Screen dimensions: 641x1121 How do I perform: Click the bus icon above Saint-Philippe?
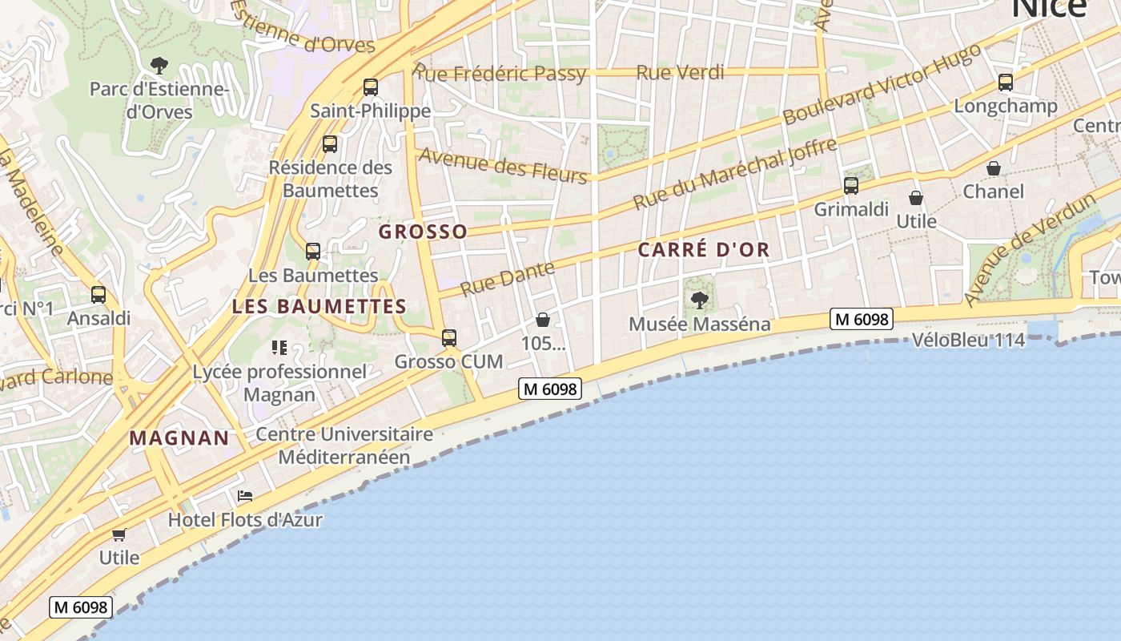[370, 87]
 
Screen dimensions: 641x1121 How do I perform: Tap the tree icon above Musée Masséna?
[699, 301]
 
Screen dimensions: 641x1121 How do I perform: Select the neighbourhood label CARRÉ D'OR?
[704, 250]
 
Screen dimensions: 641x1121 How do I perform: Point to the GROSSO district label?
[423, 232]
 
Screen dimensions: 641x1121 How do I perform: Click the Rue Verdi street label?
[680, 73]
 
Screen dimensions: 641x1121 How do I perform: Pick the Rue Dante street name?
[508, 278]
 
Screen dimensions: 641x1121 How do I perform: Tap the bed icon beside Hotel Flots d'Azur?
[245, 497]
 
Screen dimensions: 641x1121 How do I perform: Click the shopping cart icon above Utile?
[119, 534]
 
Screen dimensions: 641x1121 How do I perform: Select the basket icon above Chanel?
[993, 168]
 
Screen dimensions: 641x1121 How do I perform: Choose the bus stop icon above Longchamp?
[1005, 83]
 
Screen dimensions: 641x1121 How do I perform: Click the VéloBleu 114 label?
[968, 341]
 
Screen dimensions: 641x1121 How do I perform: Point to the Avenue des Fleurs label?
[503, 164]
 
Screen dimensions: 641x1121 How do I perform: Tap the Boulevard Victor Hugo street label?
[882, 84]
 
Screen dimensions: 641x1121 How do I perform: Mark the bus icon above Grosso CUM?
[448, 338]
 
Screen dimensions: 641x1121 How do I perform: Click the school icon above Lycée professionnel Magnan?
[279, 348]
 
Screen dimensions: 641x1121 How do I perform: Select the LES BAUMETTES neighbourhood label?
[319, 307]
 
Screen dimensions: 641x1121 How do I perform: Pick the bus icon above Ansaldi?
[98, 295]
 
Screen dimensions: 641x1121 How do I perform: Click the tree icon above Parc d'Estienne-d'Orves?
[159, 65]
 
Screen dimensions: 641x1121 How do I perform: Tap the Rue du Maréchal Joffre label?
[734, 174]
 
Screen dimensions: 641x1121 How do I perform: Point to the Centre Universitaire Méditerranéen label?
[344, 446]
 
